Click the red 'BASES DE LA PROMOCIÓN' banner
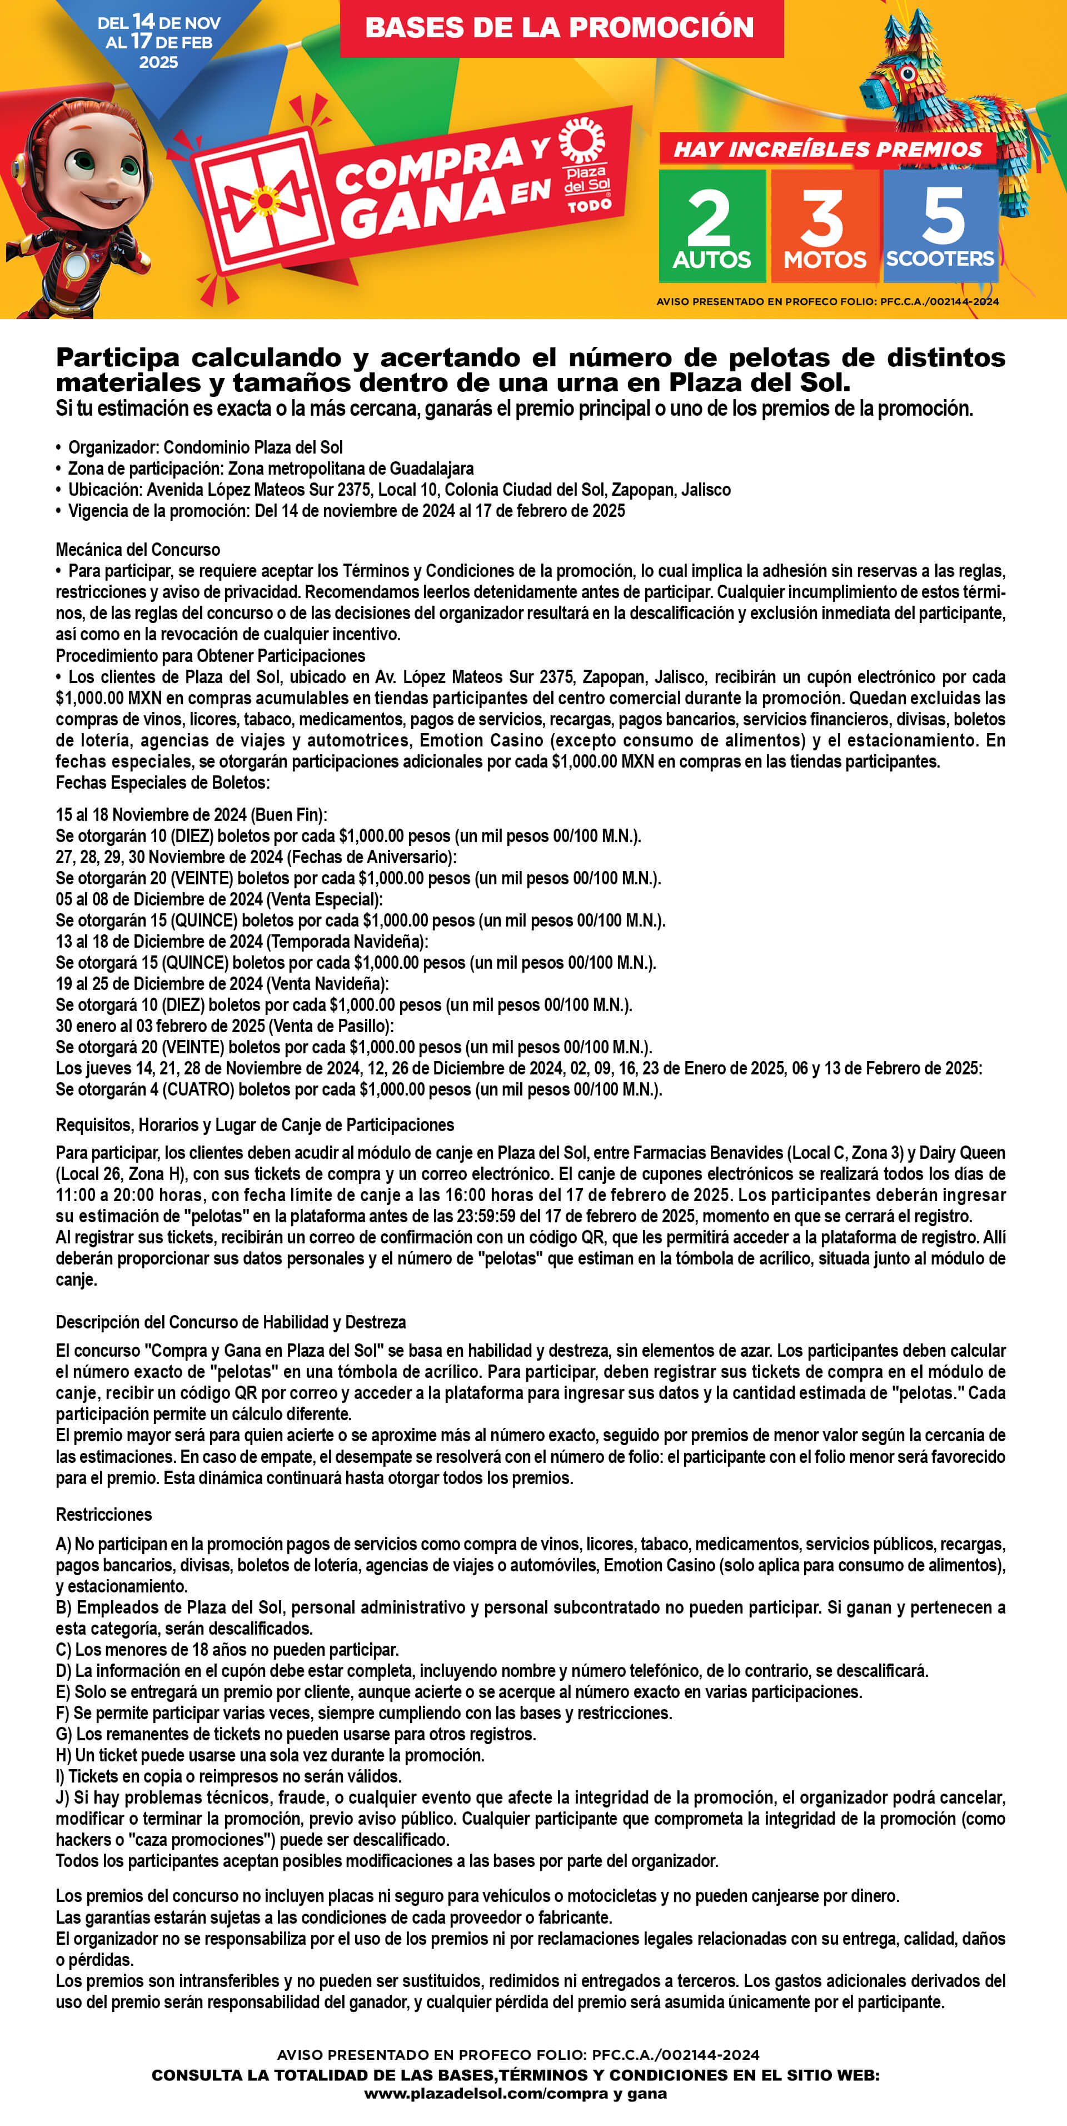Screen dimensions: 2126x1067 click(x=560, y=27)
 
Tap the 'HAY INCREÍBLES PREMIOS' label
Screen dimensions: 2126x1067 click(x=827, y=150)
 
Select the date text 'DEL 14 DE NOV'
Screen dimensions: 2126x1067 click(x=158, y=22)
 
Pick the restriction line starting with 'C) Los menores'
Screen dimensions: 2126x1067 click(x=227, y=1650)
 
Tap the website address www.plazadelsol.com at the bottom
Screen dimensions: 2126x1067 click(x=515, y=2094)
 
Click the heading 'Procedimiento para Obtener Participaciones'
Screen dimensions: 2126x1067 click(x=211, y=655)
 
